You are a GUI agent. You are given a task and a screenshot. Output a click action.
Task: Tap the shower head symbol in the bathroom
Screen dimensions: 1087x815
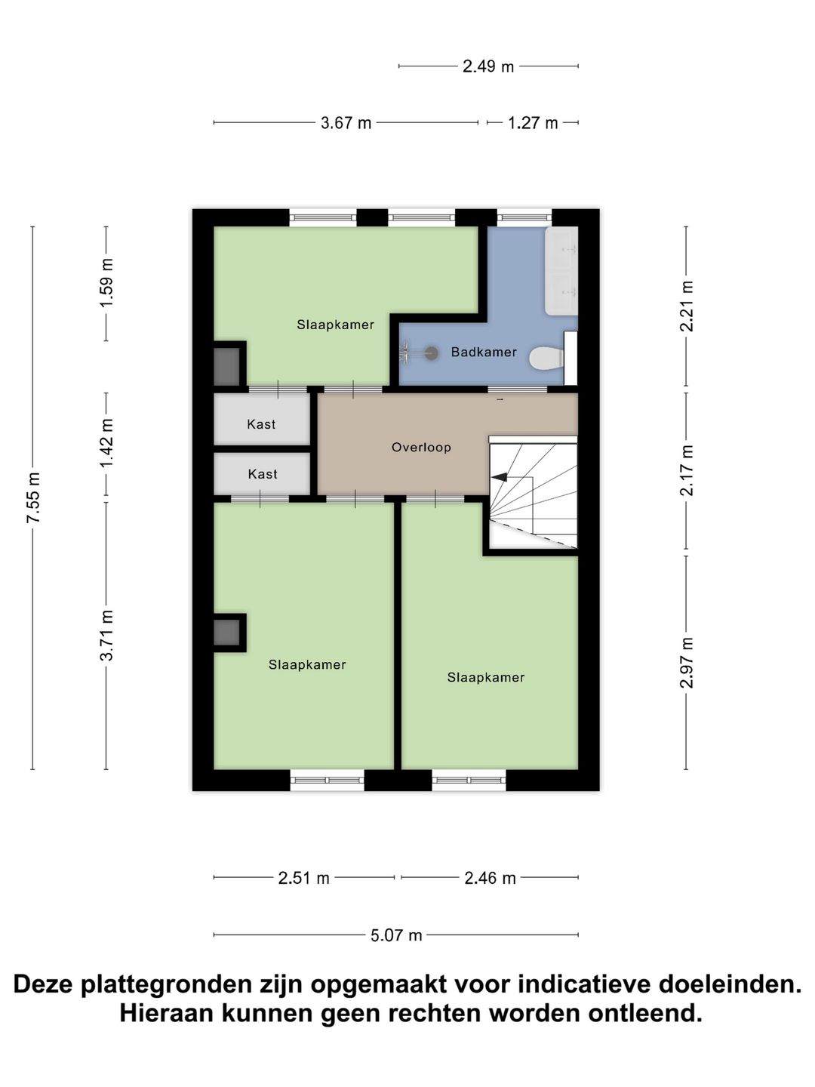pos(431,352)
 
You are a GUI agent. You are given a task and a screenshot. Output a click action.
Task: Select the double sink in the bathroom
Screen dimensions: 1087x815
pos(561,270)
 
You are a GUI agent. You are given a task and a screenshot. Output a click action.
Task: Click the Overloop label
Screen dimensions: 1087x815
pos(421,447)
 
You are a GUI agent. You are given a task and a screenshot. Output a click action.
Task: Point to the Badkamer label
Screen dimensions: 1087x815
pos(484,352)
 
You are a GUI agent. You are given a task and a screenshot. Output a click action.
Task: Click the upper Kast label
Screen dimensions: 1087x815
pos(261,424)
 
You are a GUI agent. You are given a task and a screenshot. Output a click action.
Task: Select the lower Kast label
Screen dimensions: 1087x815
pos(263,474)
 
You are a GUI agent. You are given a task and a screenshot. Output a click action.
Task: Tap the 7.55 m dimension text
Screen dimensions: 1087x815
pos(33,497)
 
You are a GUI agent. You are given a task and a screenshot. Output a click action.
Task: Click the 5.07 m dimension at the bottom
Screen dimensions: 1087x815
pos(396,935)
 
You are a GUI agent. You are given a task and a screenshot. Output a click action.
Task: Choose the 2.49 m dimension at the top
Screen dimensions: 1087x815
pos(488,66)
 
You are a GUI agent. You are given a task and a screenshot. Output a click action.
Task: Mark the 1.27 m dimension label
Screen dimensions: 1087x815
pos(533,123)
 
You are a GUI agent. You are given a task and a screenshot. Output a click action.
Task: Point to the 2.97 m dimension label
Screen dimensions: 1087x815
pos(687,663)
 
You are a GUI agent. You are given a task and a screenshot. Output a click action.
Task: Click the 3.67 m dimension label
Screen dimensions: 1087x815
pos(346,123)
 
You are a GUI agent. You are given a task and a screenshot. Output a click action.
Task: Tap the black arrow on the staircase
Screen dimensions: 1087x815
pos(500,476)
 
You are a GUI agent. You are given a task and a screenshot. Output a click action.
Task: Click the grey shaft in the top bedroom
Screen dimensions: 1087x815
pos(226,366)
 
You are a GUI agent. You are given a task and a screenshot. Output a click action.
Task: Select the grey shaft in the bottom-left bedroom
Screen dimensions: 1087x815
pos(226,633)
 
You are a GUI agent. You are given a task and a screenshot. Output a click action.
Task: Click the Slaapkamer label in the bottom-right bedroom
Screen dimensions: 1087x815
pos(485,677)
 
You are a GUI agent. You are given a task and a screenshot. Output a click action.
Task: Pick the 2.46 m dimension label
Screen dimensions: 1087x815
pos(490,878)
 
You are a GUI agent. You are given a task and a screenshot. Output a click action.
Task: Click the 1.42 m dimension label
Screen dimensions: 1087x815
pos(107,443)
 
